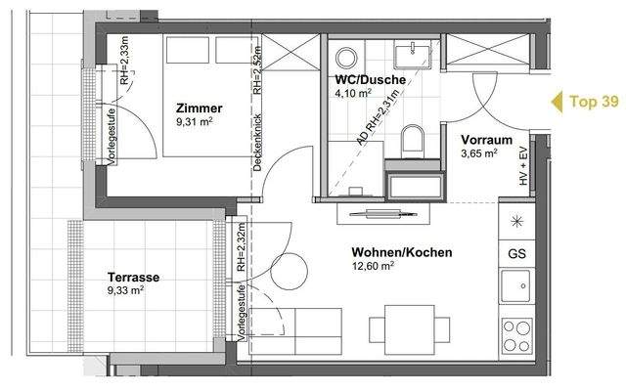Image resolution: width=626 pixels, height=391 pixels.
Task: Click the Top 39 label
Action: point(594,101)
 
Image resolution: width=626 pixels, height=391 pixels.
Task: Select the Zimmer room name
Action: point(200,109)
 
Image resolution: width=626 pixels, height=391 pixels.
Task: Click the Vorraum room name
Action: point(485,140)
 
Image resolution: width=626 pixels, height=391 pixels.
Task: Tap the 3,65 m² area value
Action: point(479,154)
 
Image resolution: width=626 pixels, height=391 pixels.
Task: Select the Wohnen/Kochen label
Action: point(402,253)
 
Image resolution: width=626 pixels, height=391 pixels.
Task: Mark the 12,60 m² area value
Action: point(374,266)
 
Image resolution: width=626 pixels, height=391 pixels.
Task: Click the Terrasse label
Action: point(134,277)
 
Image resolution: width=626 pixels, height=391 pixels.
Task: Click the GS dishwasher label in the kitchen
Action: point(515,252)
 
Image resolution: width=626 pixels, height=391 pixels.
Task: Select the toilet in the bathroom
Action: point(411,139)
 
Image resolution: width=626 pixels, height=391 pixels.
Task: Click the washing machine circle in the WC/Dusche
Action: point(348,56)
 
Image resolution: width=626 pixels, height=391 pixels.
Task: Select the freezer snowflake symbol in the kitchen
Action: point(515,218)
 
